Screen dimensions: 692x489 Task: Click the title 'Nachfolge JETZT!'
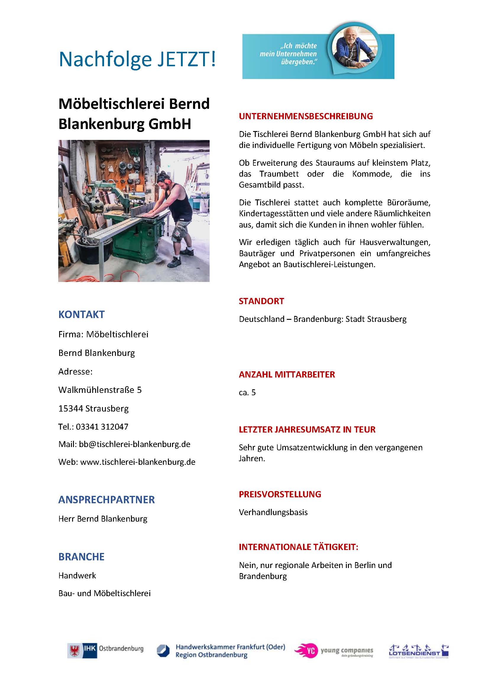pos(137,59)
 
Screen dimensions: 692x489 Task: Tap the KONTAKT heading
pos(81,314)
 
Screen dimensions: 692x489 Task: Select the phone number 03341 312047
pos(102,427)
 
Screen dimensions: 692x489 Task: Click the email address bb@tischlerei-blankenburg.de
pos(134,444)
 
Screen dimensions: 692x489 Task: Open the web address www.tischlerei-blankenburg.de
pos(137,462)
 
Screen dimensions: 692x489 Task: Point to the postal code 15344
pos(71,408)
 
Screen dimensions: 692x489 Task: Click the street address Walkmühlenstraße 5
pos(100,390)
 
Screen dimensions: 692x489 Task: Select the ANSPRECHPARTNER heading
pos(106,499)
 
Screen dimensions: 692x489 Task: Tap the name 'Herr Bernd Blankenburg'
pos(103,519)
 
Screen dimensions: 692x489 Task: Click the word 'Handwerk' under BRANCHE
pos(77,575)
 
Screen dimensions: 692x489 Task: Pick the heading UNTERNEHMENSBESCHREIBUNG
pos(306,116)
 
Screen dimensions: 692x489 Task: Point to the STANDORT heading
pos(261,301)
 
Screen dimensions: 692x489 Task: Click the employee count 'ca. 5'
pos(247,392)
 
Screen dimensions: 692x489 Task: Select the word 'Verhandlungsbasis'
pos(273,512)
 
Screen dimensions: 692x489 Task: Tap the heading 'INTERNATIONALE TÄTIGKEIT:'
pos(298,547)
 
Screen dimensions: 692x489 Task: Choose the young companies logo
pos(333,651)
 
